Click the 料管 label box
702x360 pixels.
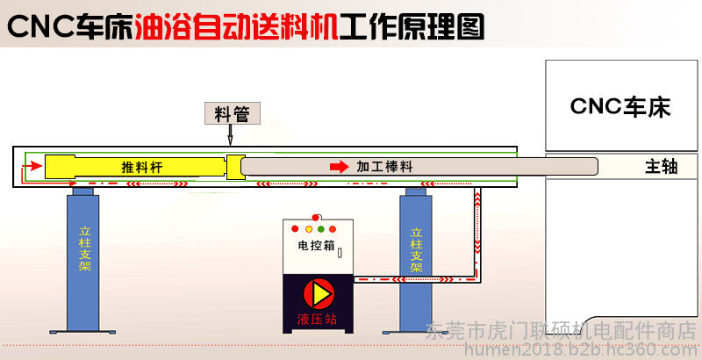233,113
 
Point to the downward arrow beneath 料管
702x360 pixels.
231,134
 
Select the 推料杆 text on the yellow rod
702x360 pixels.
142,167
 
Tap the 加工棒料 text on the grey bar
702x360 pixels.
384,167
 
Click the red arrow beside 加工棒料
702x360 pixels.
340,167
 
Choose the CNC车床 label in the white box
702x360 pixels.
620,106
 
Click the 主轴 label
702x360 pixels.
662,167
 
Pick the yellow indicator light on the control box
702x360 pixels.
309,229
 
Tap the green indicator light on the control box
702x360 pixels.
320,229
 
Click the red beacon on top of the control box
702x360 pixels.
316,218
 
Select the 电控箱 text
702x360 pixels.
316,245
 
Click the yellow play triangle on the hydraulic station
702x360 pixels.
320,294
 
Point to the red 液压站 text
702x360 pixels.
317,320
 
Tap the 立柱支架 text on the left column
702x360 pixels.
84,249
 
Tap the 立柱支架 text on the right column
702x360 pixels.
416,250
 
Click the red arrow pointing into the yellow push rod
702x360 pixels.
32,166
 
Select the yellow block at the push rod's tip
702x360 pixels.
235,167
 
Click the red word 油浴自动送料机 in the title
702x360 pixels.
236,27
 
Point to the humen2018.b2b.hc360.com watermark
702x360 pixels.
582,349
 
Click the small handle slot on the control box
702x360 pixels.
340,253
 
